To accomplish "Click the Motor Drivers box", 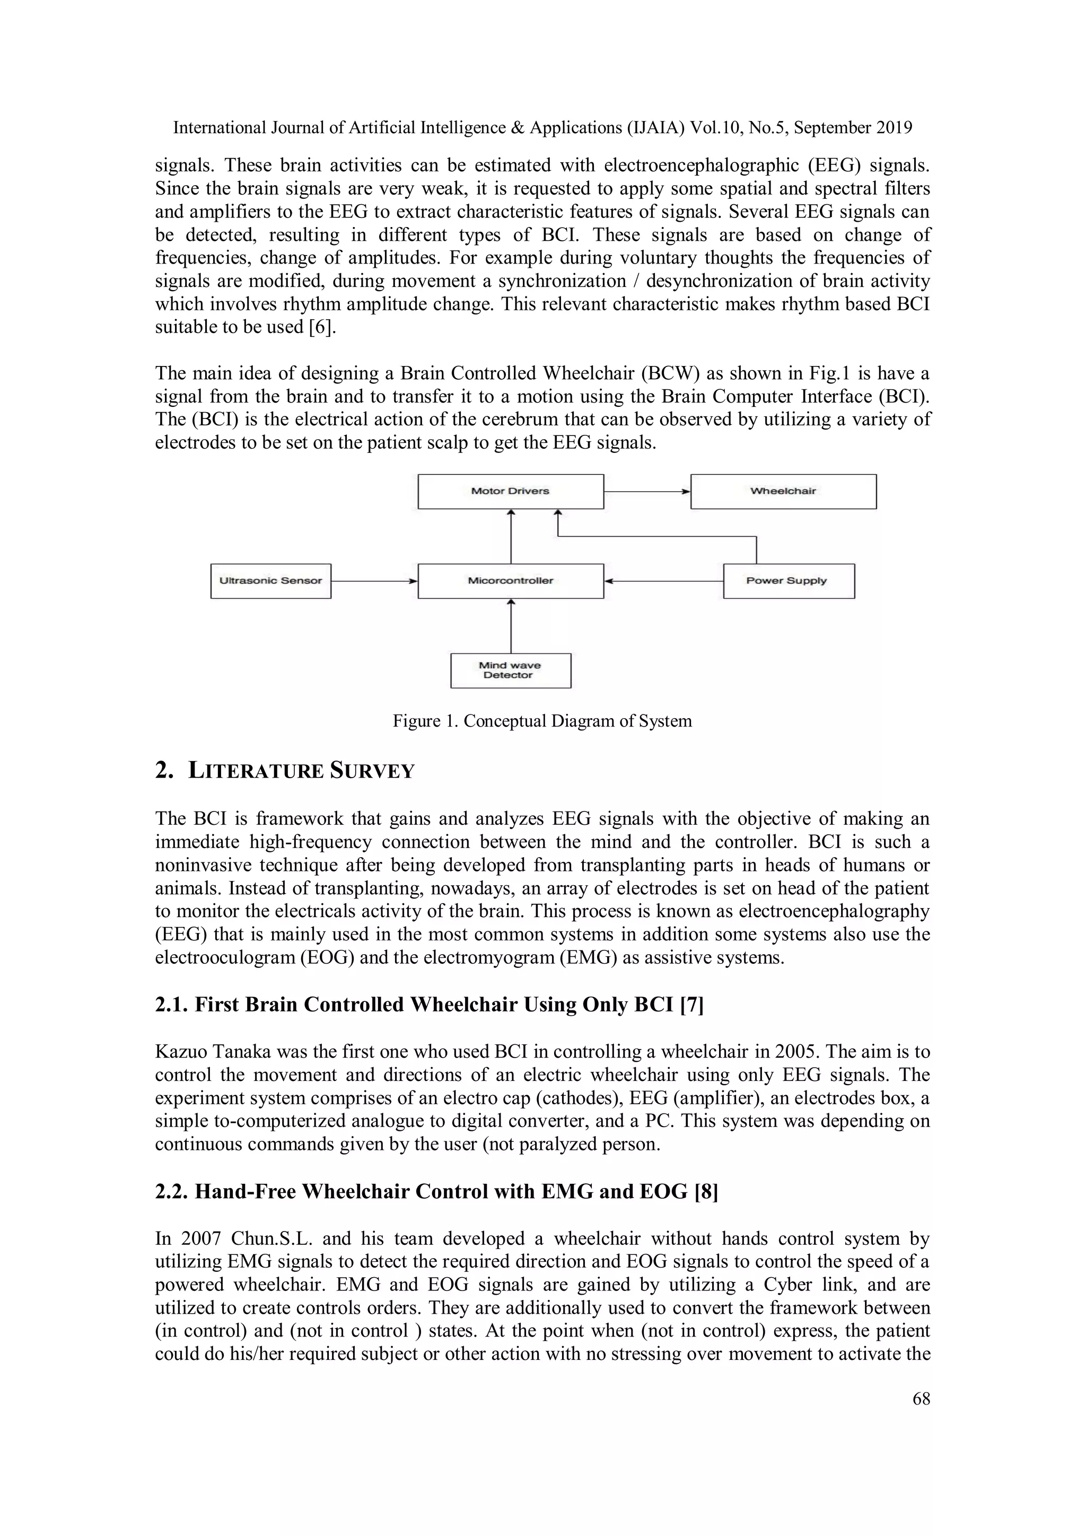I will [510, 491].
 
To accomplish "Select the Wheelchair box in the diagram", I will [783, 491].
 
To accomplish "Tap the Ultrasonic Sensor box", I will [271, 581].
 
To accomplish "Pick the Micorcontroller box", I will [510, 581].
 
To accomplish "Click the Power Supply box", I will [789, 581].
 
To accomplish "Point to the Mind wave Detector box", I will [510, 670].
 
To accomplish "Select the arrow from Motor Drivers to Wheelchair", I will [646, 491].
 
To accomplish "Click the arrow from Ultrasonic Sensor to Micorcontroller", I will [374, 581].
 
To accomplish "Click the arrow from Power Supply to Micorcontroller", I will [663, 581].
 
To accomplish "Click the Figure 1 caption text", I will [541, 721].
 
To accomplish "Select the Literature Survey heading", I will [301, 771].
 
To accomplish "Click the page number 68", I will [921, 1399].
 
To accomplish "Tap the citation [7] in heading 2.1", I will [691, 1005].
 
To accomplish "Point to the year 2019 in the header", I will [894, 128].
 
